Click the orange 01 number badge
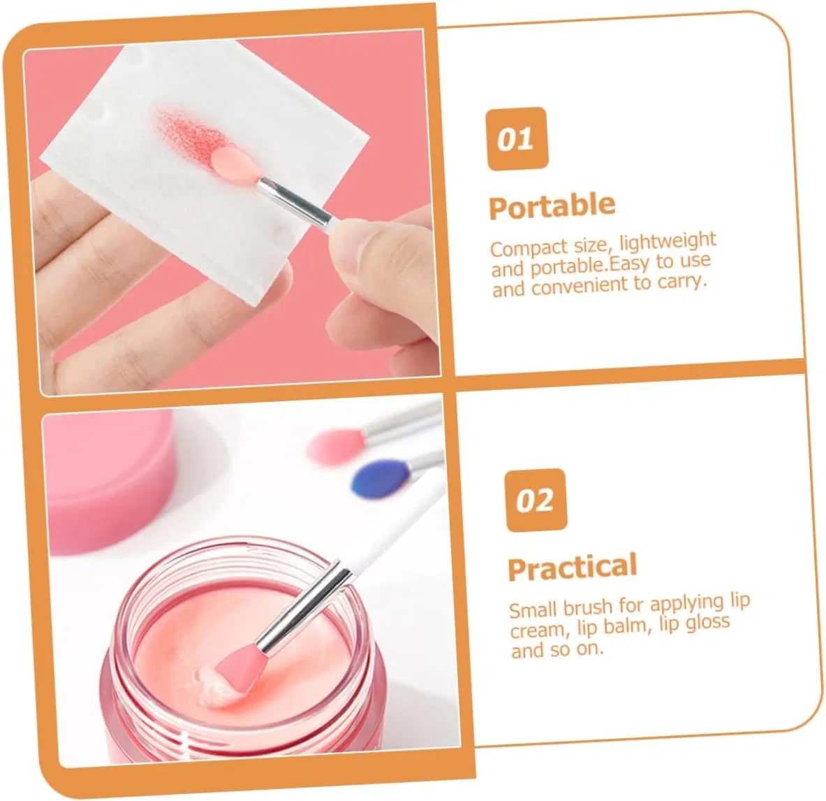pos(517,138)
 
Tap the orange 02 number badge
pos(536,500)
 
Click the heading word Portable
pos(552,205)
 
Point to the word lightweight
pos(668,242)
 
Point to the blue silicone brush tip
pos(378,477)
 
